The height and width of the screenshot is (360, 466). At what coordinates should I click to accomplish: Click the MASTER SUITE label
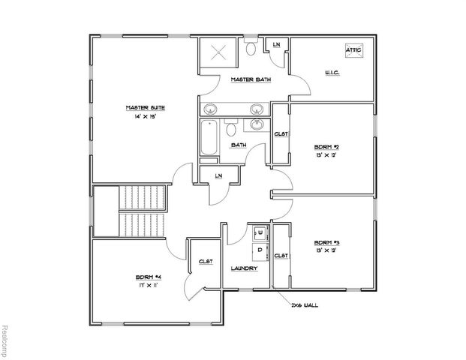tap(144, 108)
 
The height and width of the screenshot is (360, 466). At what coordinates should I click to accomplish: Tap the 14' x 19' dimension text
tap(144, 118)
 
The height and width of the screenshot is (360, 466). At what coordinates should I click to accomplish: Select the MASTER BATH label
tap(250, 79)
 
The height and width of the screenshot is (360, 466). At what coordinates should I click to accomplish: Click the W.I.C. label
tap(334, 73)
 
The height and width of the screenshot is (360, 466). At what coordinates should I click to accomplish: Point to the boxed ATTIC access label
tap(353, 50)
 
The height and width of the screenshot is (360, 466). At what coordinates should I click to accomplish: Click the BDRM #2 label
tap(327, 147)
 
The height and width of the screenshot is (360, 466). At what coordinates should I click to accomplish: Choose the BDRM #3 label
tap(327, 243)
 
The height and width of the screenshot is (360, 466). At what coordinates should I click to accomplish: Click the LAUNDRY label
tap(245, 268)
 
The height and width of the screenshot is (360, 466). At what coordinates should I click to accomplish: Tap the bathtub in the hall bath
tap(209, 139)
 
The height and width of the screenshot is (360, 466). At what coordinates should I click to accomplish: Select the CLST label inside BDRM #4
tap(205, 262)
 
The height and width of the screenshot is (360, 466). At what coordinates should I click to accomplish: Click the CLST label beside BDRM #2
tap(281, 134)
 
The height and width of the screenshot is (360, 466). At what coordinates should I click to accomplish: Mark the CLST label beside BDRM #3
tap(281, 256)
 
